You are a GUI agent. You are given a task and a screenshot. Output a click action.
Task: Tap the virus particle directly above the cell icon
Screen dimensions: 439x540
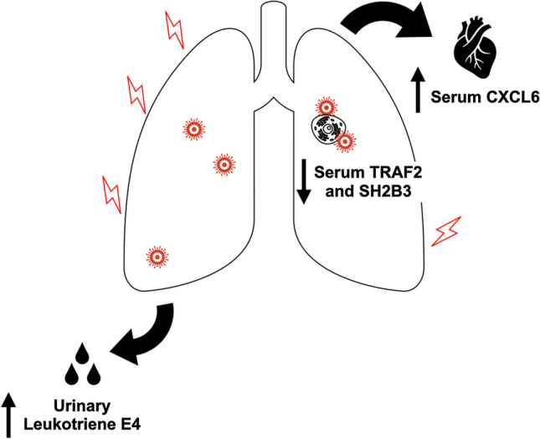coord(325,108)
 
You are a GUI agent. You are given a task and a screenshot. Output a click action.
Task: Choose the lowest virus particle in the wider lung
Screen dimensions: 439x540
coord(155,256)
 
